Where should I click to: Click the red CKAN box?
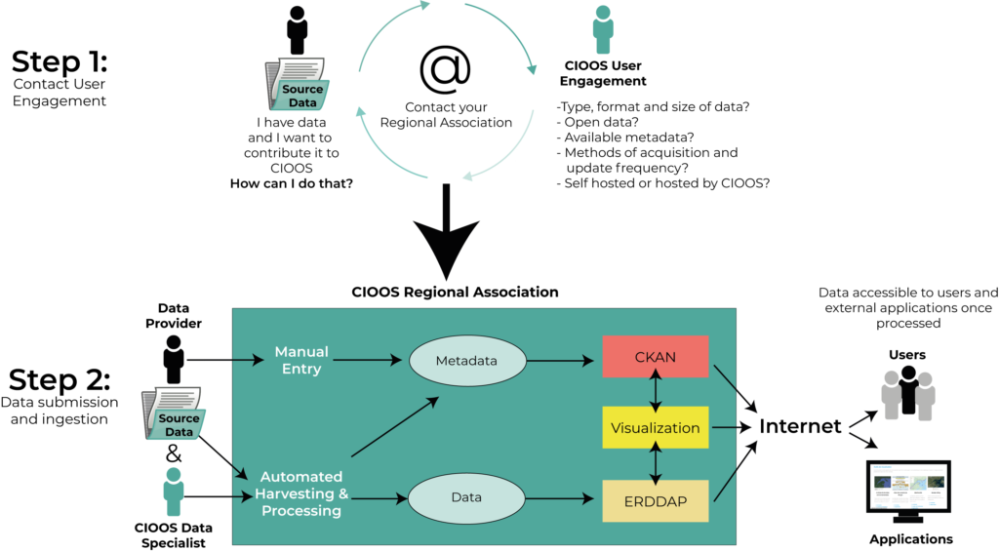point(655,358)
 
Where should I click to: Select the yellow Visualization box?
point(655,427)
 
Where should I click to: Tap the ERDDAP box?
point(655,500)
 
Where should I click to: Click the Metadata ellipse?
point(466,360)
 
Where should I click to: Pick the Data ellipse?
point(466,497)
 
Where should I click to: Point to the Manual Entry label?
point(301,360)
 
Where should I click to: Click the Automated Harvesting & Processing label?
point(301,493)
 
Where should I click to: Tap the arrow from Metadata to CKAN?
point(561,361)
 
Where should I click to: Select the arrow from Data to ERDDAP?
point(561,498)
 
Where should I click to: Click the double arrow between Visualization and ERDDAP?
point(656,463)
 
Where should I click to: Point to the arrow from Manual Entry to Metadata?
point(371,360)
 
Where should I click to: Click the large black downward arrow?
point(446,234)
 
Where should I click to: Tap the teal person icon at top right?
point(603,29)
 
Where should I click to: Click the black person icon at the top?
point(297,29)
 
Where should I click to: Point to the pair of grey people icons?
point(907,395)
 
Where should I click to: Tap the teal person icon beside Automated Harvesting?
point(174,491)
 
